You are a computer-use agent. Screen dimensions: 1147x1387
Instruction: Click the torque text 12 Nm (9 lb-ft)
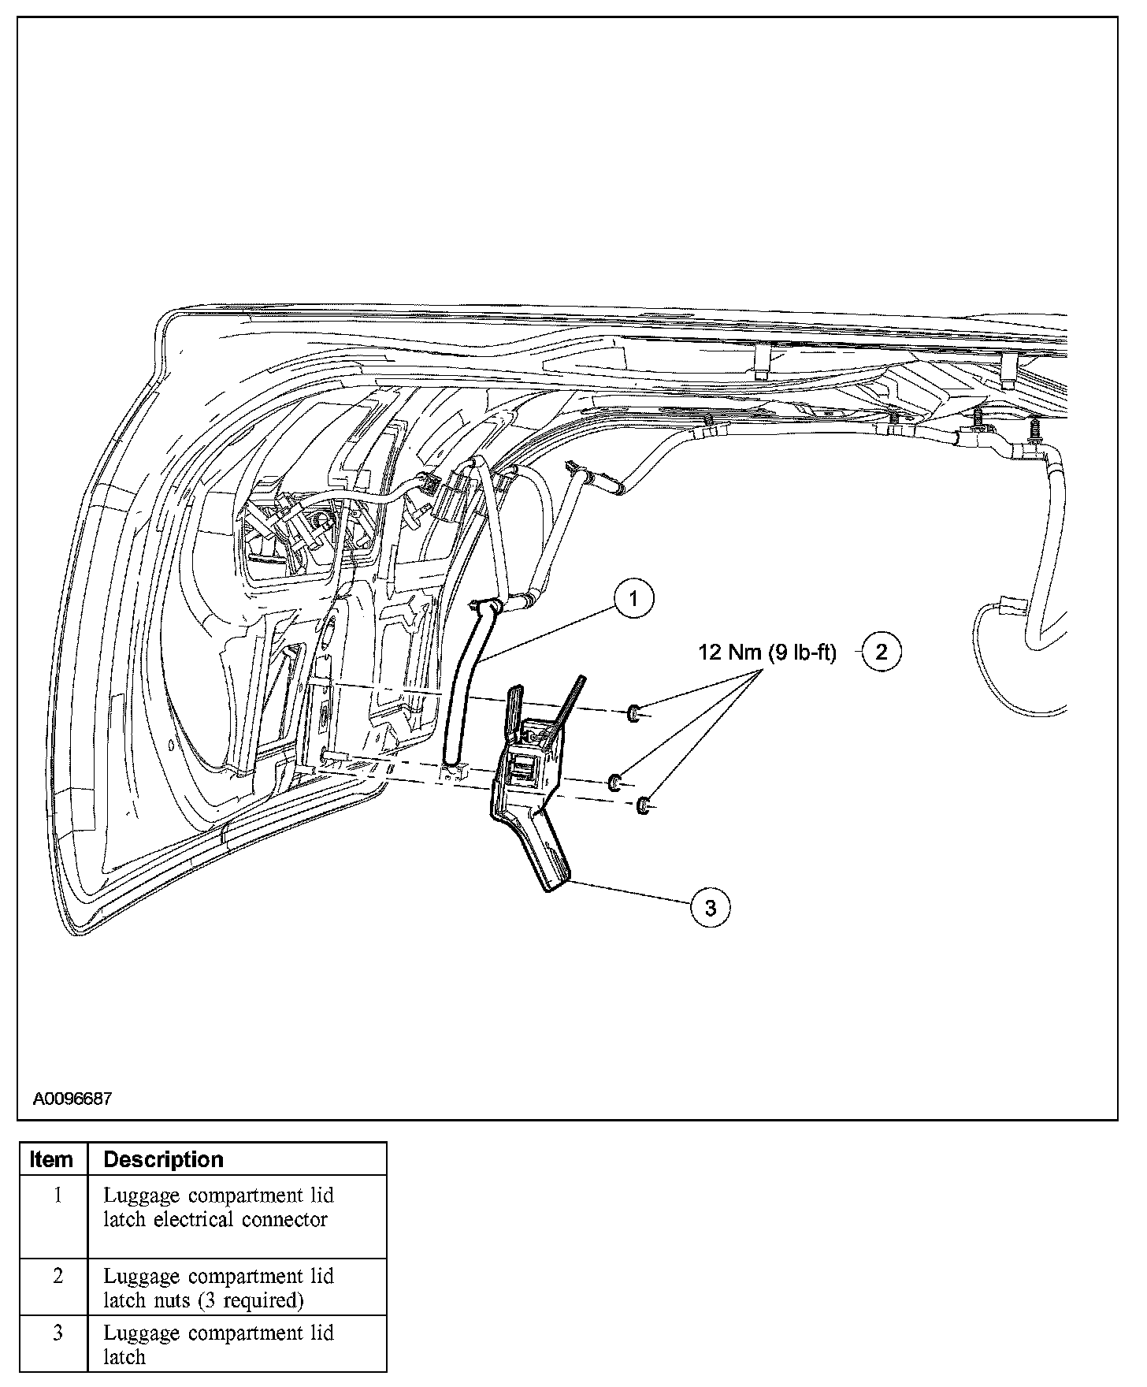pyautogui.click(x=767, y=653)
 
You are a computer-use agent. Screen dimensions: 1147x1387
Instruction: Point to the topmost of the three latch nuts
pyautogui.click(x=633, y=715)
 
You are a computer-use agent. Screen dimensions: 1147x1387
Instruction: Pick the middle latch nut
pyautogui.click(x=614, y=783)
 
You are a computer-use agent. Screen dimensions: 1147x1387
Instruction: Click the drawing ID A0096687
pyautogui.click(x=72, y=1099)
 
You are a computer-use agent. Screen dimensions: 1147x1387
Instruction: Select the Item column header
pyautogui.click(x=52, y=1160)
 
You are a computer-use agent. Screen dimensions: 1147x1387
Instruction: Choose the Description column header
pyautogui.click(x=164, y=1160)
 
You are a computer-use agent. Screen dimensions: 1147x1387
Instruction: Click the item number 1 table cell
pyautogui.click(x=57, y=1195)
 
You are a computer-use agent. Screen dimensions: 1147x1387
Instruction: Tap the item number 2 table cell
pyautogui.click(x=57, y=1276)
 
